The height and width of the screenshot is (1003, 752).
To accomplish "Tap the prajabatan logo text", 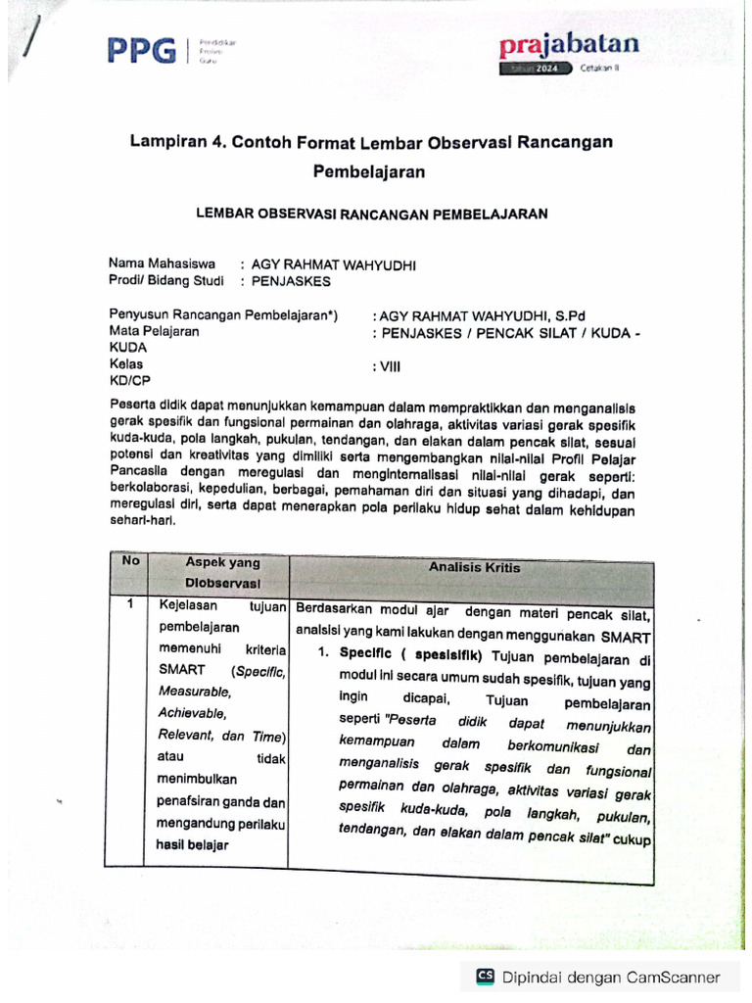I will tap(569, 44).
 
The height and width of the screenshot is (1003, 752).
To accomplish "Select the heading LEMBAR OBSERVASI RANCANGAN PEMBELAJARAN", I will tap(372, 213).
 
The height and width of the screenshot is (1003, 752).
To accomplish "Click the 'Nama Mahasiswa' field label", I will tap(162, 263).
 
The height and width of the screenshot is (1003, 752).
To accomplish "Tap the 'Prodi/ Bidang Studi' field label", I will tap(166, 280).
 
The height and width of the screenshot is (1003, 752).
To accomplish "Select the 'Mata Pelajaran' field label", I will tap(154, 332).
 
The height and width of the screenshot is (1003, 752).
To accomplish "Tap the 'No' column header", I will tap(130, 560).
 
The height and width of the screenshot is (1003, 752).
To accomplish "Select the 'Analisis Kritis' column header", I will tap(474, 567).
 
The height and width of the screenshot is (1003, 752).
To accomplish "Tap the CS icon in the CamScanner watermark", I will tap(485, 976).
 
